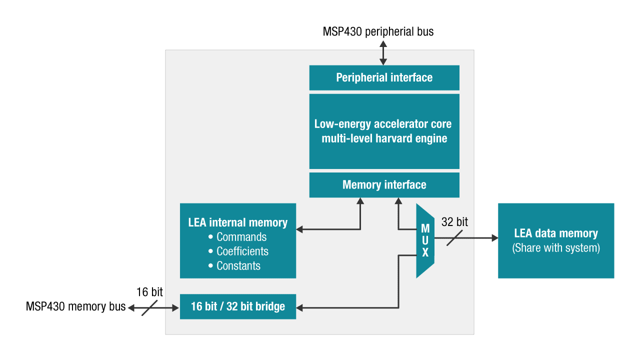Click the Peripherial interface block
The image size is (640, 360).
(384, 77)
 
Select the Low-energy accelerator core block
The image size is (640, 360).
(384, 131)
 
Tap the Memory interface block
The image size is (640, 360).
(384, 185)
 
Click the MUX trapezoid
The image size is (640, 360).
(425, 240)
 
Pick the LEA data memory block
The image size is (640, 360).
(555, 240)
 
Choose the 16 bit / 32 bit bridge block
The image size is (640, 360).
(237, 306)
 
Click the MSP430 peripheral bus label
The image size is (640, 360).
(378, 32)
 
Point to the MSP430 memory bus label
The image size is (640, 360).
(75, 306)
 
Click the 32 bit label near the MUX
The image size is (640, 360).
(454, 222)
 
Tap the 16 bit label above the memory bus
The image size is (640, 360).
(149, 292)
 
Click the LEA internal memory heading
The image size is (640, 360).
(237, 222)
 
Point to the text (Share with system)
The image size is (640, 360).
(555, 248)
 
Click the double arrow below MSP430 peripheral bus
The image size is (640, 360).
(383, 53)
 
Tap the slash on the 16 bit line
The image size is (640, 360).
(149, 307)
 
